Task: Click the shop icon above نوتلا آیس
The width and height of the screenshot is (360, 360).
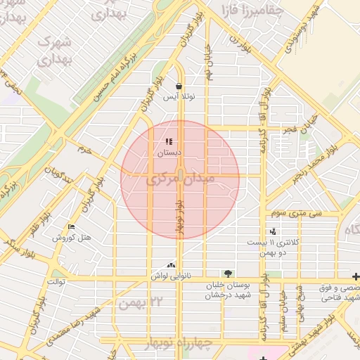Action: click(179, 86)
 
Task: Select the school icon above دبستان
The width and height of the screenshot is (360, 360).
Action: click(169, 142)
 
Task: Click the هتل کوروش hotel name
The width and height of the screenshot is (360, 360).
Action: click(72, 238)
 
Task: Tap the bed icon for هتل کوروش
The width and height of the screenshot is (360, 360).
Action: click(71, 226)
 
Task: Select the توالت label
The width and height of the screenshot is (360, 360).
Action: click(56, 281)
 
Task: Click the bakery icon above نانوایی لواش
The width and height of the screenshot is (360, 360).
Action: click(172, 264)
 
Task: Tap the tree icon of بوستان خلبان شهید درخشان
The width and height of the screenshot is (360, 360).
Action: click(227, 273)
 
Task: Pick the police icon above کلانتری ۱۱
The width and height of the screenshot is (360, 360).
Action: click(273, 231)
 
